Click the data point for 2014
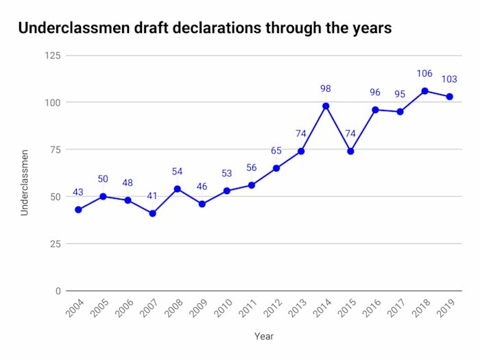coord(326,106)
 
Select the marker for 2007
coord(152,213)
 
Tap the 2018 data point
coord(424,91)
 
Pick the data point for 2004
coord(78,210)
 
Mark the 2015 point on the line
coord(350,151)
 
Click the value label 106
coord(424,74)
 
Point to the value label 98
coord(326,88)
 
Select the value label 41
coord(152,196)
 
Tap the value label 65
coord(276,151)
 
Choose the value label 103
coord(449,80)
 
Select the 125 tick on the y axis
coord(53,56)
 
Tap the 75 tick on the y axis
coord(55,149)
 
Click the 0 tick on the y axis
coord(58,291)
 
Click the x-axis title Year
coord(264,337)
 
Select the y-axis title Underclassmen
coord(25,181)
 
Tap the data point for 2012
coord(276,168)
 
